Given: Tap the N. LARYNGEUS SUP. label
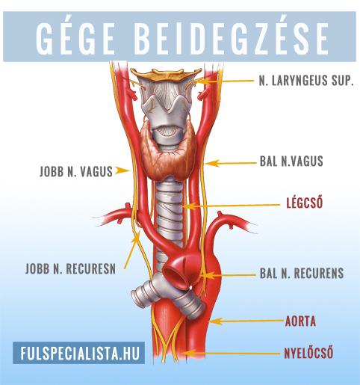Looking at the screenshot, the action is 306,81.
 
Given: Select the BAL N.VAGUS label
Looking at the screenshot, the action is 291,161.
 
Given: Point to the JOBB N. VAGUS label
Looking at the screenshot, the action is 76,171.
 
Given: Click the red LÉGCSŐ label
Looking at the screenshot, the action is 305,203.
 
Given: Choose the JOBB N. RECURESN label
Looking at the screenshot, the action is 70,268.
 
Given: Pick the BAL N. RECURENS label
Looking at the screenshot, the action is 302,273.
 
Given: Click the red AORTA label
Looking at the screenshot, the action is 300,321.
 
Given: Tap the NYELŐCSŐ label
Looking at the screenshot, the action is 308,353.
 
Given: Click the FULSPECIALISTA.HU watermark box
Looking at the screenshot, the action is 78,353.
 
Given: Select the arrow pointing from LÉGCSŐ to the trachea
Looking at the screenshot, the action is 231,206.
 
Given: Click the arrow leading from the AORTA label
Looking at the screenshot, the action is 246,321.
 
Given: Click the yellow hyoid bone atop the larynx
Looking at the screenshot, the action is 166,74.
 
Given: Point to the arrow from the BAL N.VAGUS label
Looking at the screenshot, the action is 231,163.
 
